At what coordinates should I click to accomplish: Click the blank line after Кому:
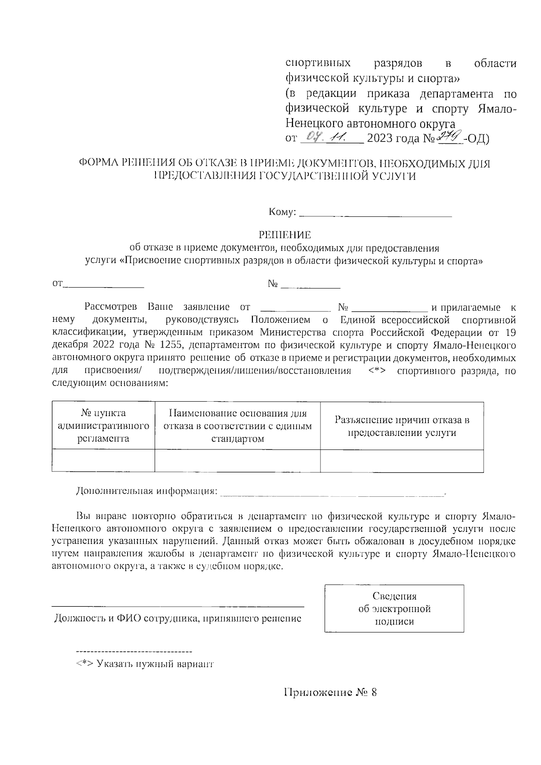click(x=375, y=215)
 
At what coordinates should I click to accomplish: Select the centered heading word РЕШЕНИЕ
click(x=284, y=235)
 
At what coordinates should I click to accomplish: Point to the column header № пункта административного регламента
click(x=103, y=426)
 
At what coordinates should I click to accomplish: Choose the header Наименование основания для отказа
click(x=238, y=426)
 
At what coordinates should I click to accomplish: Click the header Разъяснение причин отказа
click(x=402, y=426)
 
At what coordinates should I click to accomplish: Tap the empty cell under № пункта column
click(x=103, y=461)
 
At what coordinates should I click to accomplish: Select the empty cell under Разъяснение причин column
click(x=402, y=461)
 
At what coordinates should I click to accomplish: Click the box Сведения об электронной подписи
click(x=394, y=609)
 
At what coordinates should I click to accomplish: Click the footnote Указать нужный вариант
click(x=144, y=664)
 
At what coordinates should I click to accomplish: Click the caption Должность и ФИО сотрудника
click(x=178, y=618)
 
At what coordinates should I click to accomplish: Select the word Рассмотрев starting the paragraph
click(x=111, y=308)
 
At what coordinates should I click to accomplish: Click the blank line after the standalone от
click(x=104, y=285)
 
